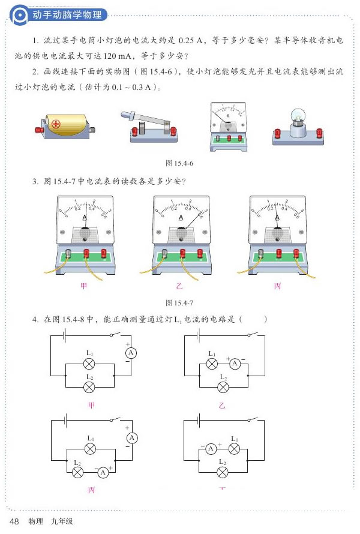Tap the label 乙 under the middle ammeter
[x=180, y=286]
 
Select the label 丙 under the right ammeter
[x=277, y=286]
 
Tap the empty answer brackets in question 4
[x=253, y=319]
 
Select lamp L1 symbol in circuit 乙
[x=212, y=364]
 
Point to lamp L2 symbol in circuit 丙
[x=77, y=472]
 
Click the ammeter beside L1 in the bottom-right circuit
[x=211, y=449]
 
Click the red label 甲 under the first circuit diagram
[x=91, y=406]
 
